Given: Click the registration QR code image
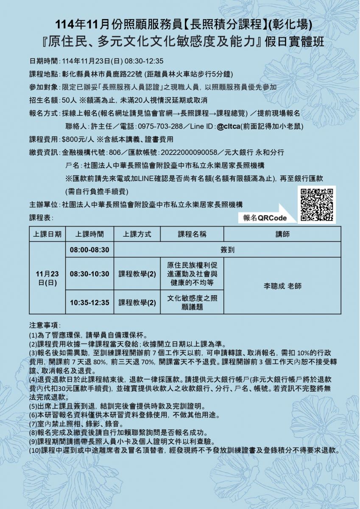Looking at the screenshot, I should click(x=317, y=205).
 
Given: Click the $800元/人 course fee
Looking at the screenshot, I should click(x=78, y=139).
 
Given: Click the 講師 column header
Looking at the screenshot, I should click(x=282, y=234).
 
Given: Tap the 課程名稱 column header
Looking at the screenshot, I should click(x=192, y=234).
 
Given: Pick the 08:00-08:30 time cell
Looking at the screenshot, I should click(x=89, y=250).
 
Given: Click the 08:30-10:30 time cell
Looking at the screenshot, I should click(x=89, y=274).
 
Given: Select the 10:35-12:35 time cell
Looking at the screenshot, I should click(x=89, y=302).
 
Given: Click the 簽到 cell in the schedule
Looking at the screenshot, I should click(x=228, y=250).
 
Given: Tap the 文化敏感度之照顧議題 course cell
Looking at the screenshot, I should click(x=192, y=302).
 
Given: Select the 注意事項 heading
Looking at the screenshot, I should click(x=45, y=325).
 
